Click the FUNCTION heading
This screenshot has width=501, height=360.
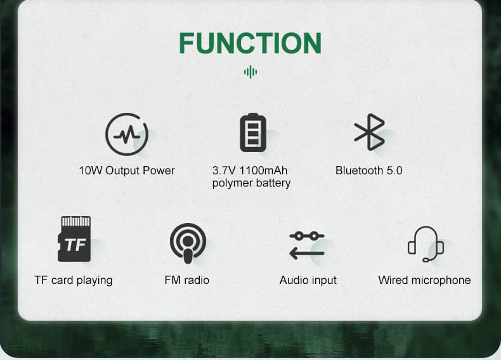pyautogui.click(x=250, y=43)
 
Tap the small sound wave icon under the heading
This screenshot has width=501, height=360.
pyautogui.click(x=251, y=72)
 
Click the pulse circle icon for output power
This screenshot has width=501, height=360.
pyautogui.click(x=126, y=134)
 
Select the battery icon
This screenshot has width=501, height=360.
pyautogui.click(x=253, y=132)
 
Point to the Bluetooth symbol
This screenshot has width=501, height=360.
pyautogui.click(x=369, y=132)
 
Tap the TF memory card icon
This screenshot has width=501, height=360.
pyautogui.click(x=74, y=239)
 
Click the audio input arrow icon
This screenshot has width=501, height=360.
pyautogui.click(x=307, y=245)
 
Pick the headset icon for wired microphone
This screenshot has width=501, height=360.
pyautogui.click(x=425, y=243)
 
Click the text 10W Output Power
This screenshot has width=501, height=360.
pyautogui.click(x=127, y=170)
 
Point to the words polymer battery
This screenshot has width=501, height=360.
pyautogui.click(x=251, y=183)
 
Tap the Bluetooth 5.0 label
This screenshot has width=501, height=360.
pyautogui.click(x=368, y=170)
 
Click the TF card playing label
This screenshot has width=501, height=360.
pyautogui.click(x=74, y=280)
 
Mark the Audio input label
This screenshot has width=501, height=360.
pyautogui.click(x=308, y=280)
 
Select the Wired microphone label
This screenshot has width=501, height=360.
pyautogui.click(x=424, y=280)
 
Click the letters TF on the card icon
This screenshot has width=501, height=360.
pyautogui.click(x=75, y=245)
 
